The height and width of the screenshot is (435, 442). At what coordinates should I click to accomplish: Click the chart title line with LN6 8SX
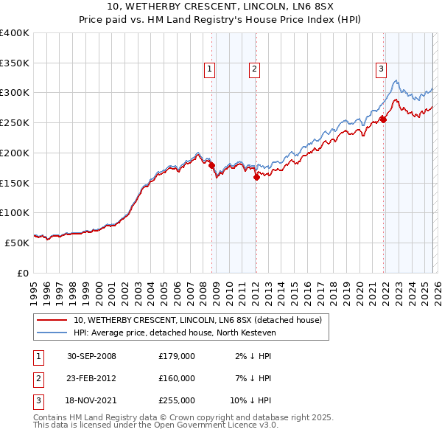pyautogui.click(x=220, y=7)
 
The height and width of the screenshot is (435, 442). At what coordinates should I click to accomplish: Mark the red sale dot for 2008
pyautogui.click(x=211, y=166)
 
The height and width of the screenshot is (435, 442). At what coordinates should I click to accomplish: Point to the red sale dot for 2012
pyautogui.click(x=256, y=177)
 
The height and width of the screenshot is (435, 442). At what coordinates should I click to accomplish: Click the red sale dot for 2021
pyautogui.click(x=383, y=119)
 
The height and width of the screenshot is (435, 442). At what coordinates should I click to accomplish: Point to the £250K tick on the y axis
pyautogui.click(x=15, y=122)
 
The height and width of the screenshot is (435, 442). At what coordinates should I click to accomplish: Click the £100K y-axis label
pyautogui.click(x=15, y=212)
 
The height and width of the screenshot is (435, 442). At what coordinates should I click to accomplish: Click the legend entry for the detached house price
pyautogui.click(x=197, y=320)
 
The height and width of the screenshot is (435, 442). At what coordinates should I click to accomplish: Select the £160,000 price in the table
pyautogui.click(x=176, y=378)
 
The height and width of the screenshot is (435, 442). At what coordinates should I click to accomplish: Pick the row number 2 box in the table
pyautogui.click(x=37, y=378)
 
